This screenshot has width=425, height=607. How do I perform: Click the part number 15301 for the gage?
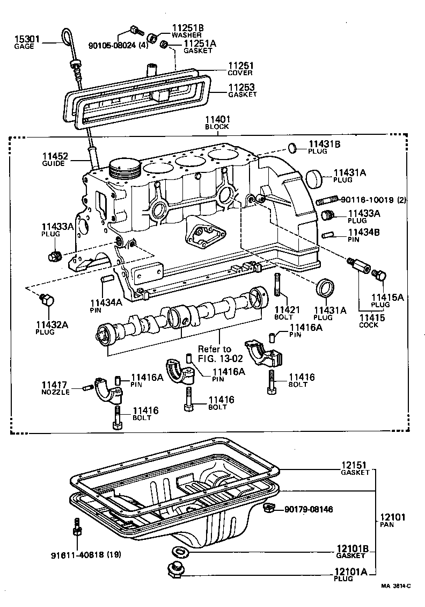pos(26,39)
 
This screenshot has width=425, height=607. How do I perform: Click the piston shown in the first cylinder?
pos(124,169)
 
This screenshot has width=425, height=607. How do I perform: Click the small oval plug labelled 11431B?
pos(292,147)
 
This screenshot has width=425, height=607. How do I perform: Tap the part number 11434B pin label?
pos(364,233)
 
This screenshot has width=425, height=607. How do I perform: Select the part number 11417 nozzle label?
pos(55,385)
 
